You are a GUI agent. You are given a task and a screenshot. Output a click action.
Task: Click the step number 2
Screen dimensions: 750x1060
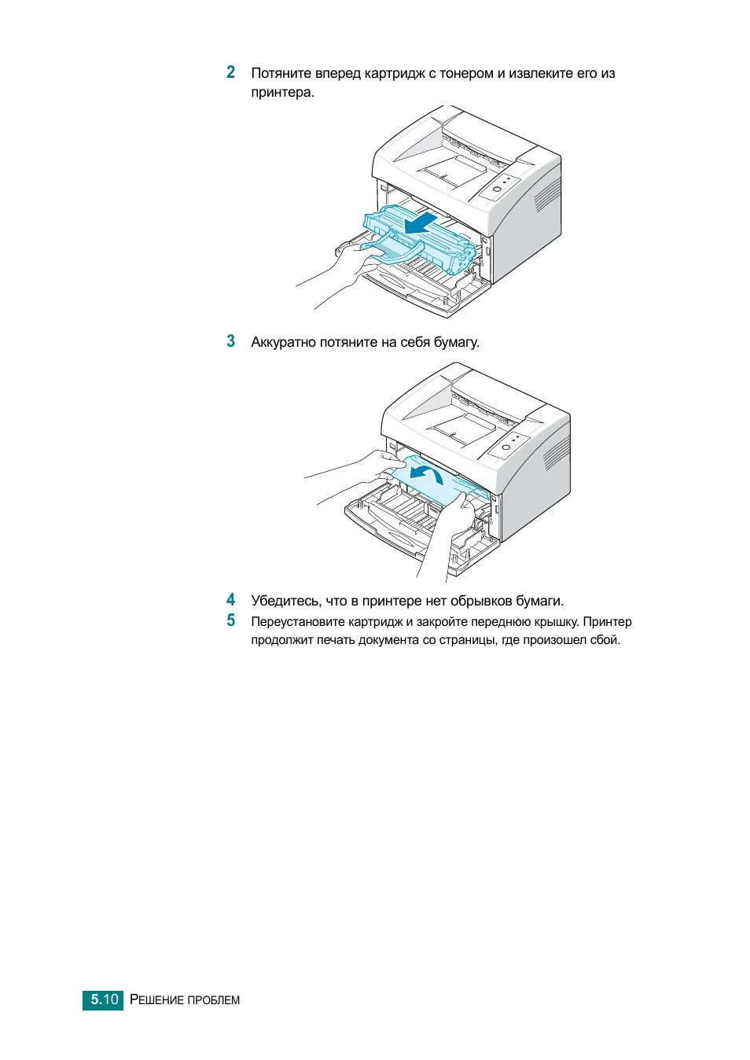230,72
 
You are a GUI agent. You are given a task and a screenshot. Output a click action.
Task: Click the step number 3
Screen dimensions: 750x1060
230,341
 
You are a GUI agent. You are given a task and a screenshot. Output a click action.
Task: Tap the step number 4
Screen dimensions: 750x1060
230,600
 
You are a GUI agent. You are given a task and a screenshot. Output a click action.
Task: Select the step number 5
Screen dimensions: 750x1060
230,620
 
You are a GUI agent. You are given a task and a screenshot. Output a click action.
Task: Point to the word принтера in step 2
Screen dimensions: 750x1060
281,93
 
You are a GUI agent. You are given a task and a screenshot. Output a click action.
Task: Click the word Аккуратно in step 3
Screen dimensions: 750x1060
283,343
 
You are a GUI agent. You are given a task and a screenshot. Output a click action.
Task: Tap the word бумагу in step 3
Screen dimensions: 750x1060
456,343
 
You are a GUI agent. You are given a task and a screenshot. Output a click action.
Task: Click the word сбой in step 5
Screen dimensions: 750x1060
605,640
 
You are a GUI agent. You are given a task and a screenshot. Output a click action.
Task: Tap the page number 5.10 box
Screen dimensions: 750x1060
103,999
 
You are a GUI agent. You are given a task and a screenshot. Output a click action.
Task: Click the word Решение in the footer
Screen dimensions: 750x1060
156,1000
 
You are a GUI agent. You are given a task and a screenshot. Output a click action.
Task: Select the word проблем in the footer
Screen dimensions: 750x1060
214,1000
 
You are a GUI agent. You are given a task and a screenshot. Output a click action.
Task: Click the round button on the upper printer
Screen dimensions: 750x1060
497,189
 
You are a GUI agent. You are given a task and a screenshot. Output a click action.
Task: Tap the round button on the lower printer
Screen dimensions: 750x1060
506,447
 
